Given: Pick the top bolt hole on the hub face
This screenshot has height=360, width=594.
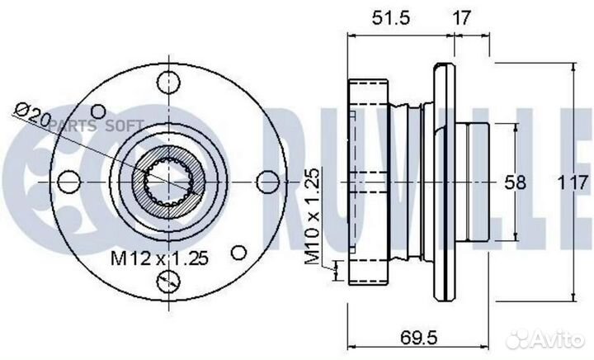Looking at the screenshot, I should coord(168,83).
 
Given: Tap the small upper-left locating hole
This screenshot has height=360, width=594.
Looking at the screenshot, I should coord(98,110).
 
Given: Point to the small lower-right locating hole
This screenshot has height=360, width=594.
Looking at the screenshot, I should coord(238,251).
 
